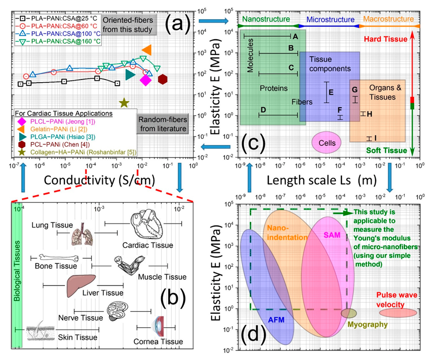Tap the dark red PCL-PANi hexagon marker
(163, 79)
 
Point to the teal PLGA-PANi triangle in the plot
(130, 75)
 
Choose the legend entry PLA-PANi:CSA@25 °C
(55, 19)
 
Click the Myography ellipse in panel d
(349, 313)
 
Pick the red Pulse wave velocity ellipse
(398, 313)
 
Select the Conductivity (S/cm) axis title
(99, 180)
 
